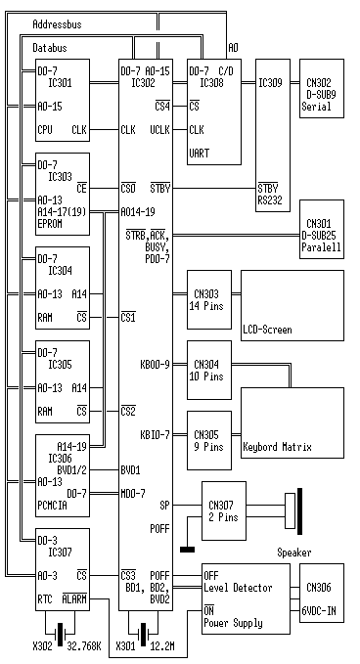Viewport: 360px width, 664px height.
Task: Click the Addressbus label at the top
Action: (x=57, y=24)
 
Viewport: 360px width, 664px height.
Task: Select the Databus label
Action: (x=50, y=48)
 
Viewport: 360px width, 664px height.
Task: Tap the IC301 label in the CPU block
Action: (x=60, y=83)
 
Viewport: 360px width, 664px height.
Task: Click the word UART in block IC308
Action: (x=199, y=153)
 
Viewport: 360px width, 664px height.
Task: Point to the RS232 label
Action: (x=270, y=199)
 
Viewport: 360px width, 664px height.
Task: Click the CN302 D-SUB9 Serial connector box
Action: (x=322, y=88)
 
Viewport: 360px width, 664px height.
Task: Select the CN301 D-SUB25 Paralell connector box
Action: (x=322, y=229)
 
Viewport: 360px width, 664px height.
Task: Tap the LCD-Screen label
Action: (x=268, y=330)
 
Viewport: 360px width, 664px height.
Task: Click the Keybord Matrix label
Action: (x=278, y=447)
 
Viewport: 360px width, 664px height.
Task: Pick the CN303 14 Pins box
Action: (x=209, y=299)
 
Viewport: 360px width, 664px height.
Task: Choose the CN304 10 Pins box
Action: (x=209, y=370)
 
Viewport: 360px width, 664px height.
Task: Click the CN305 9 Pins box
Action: (x=209, y=440)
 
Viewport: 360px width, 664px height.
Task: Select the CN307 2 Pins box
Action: (x=224, y=510)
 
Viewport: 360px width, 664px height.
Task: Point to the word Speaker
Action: (x=294, y=553)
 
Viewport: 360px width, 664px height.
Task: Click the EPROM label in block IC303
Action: (x=50, y=224)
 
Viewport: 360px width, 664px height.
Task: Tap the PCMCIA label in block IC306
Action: (x=53, y=506)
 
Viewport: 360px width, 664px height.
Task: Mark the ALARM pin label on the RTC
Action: (x=74, y=599)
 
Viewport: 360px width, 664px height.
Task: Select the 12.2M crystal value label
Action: (x=162, y=646)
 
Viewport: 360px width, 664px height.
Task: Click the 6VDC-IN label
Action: (x=322, y=611)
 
